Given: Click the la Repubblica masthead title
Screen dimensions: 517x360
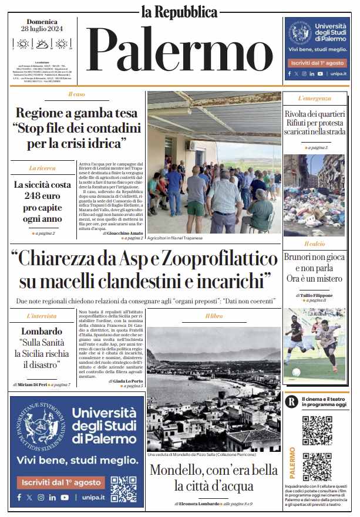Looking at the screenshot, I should click(179, 11).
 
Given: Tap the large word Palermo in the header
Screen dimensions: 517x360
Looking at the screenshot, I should click(179, 52).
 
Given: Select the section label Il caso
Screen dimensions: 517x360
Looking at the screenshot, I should click(76, 94).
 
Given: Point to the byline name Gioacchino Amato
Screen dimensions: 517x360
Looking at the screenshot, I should click(125, 233).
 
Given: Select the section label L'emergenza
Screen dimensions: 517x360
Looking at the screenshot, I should click(314, 98).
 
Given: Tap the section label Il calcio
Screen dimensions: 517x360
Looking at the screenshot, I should click(314, 244).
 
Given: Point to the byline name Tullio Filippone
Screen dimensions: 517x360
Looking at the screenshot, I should click(317, 295).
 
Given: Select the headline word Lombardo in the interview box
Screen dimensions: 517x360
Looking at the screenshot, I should click(42, 331).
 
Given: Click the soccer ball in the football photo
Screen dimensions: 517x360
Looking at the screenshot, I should click(296, 372).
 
